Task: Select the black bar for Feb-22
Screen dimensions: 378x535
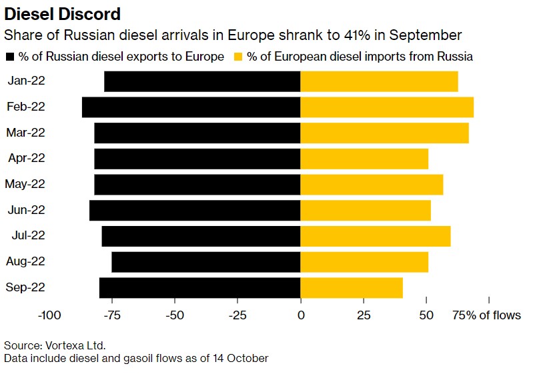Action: (x=191, y=107)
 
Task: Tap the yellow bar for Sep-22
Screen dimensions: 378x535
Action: (x=352, y=288)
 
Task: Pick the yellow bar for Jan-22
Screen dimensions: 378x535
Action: (x=379, y=81)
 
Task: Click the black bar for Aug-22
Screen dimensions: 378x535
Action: (x=205, y=262)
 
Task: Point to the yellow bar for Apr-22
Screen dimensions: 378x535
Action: (x=364, y=159)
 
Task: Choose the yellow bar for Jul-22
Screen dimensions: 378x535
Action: (x=376, y=236)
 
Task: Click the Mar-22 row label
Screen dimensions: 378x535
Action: (x=25, y=133)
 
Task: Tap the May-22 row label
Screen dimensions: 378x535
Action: (x=25, y=184)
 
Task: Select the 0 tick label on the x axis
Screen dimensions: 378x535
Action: (x=301, y=315)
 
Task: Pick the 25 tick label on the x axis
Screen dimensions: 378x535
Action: (x=364, y=315)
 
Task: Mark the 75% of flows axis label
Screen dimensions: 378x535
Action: (x=487, y=315)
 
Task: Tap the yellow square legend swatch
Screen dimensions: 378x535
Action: (x=237, y=57)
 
